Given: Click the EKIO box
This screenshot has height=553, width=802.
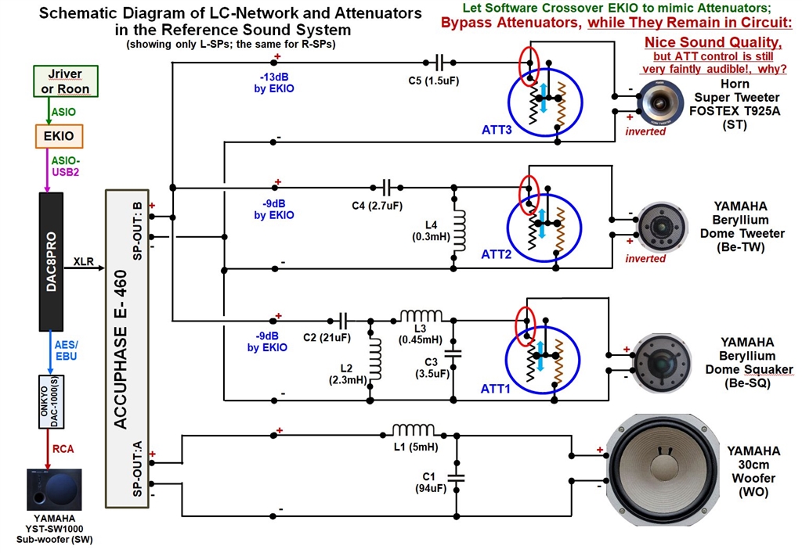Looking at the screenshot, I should (x=59, y=136).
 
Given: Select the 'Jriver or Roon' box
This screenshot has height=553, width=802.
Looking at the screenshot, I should (x=59, y=81).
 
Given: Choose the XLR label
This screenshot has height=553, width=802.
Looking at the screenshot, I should (x=84, y=260).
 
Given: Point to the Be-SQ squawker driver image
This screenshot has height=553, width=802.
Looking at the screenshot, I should (x=662, y=362).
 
